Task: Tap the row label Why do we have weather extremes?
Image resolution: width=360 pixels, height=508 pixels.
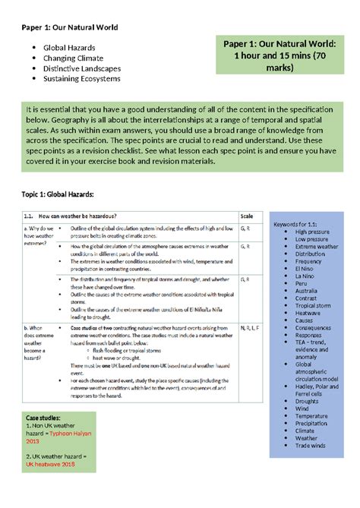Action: [x=39, y=236]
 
